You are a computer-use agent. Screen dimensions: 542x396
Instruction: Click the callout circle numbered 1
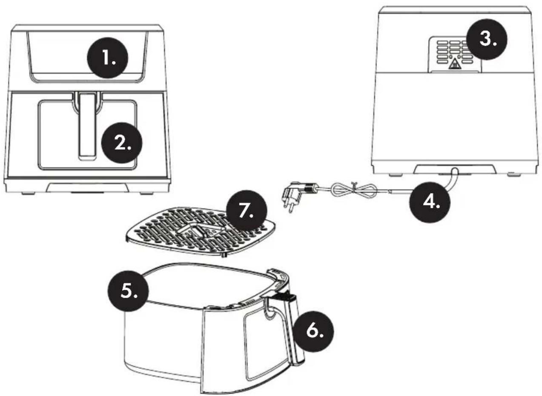[x=107, y=58]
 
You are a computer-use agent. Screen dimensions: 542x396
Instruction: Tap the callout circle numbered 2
[x=122, y=143]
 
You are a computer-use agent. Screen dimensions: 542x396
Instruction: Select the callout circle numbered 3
[x=487, y=39]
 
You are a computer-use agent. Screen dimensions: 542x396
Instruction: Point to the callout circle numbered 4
[x=430, y=202]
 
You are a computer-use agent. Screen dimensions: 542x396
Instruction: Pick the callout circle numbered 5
[x=128, y=291]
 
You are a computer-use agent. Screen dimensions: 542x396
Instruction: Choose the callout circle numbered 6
[x=314, y=331]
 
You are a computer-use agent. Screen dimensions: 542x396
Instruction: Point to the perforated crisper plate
[x=201, y=232]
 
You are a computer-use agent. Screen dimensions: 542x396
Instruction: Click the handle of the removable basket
[x=292, y=331]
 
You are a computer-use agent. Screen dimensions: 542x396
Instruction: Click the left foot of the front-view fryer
[x=27, y=194]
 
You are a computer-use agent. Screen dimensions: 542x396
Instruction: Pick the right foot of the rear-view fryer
[x=513, y=174]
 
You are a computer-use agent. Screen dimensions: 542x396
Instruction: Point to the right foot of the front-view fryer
[x=146, y=194]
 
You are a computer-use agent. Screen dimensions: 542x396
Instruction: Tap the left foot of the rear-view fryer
[x=394, y=174]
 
